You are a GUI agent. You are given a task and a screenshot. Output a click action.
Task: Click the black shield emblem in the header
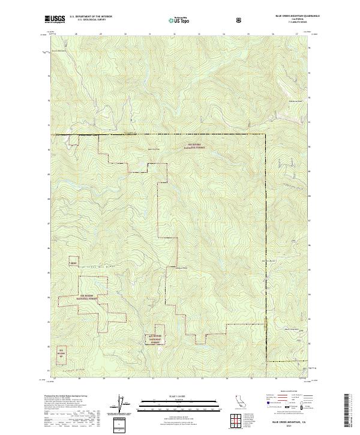(x=240, y=20)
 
